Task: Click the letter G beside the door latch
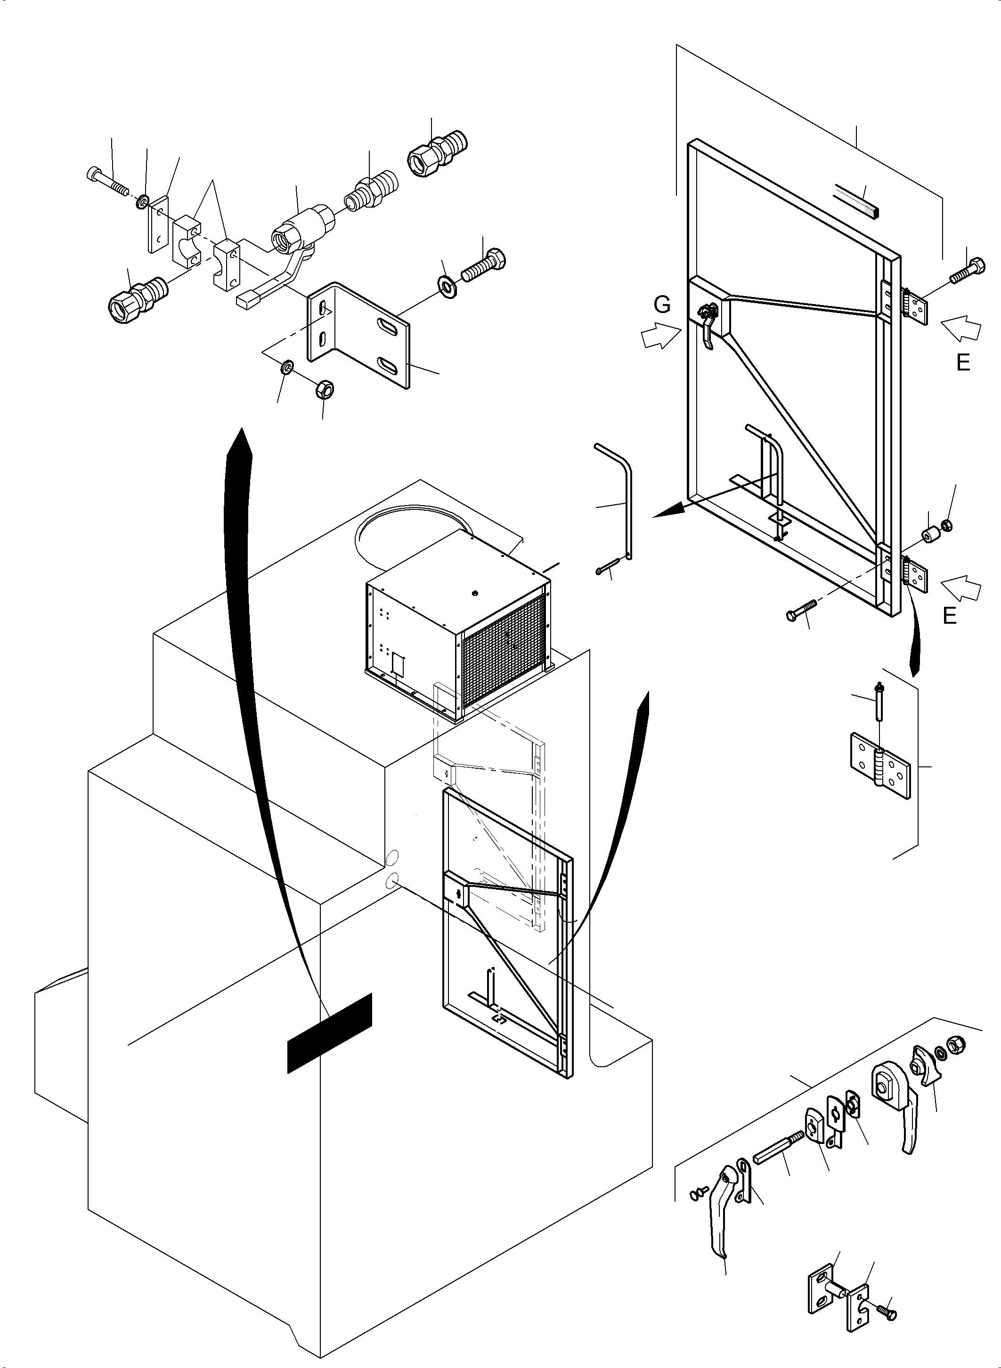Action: pyautogui.click(x=662, y=305)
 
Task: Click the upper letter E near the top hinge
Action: pyautogui.click(x=963, y=363)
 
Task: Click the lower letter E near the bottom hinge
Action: pyautogui.click(x=950, y=616)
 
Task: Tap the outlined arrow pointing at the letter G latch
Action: pyautogui.click(x=661, y=335)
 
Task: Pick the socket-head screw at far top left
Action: pyautogui.click(x=108, y=182)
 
